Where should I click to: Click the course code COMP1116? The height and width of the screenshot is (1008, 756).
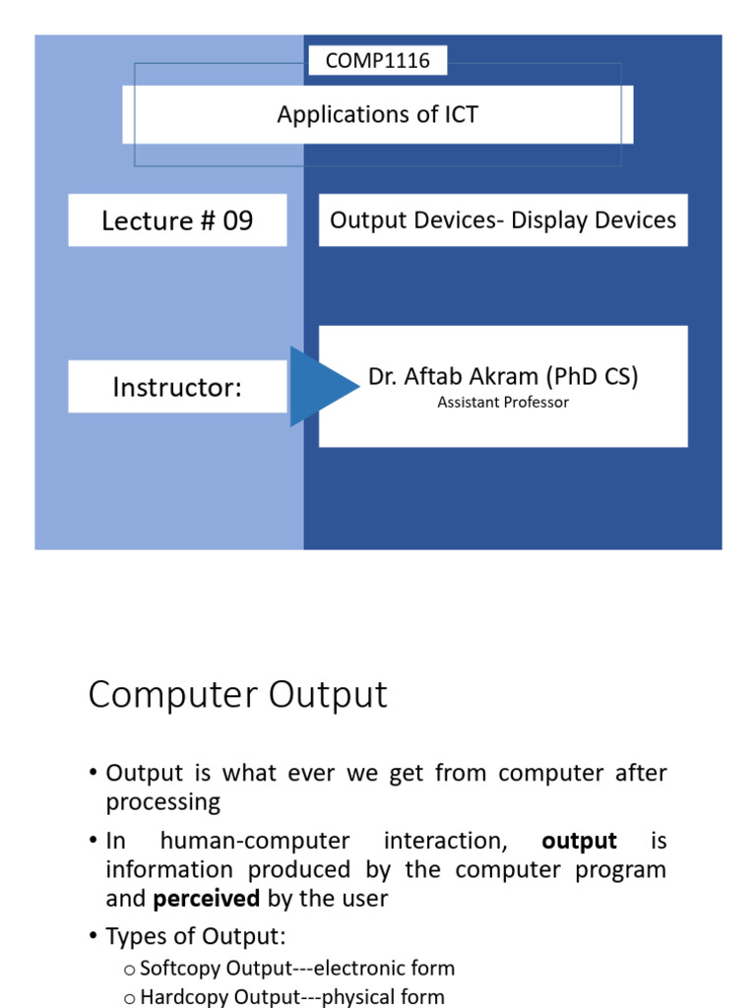click(x=377, y=61)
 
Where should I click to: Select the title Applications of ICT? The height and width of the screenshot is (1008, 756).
click(x=377, y=114)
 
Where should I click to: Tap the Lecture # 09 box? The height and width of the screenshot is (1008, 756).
click(x=177, y=220)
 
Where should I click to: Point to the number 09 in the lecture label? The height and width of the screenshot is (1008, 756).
click(x=237, y=220)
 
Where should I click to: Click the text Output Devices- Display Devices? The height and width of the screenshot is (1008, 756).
click(x=503, y=220)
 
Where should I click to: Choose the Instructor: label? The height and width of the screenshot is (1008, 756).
click(x=177, y=387)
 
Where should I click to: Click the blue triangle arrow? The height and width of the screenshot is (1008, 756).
click(x=321, y=387)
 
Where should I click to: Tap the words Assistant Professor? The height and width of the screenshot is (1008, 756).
click(x=503, y=403)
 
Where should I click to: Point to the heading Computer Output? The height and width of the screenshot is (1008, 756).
click(x=238, y=695)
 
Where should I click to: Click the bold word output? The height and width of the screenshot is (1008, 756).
click(x=580, y=842)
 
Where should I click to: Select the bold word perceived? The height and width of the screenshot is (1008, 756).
click(x=207, y=899)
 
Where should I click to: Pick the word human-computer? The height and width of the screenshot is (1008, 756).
click(x=254, y=842)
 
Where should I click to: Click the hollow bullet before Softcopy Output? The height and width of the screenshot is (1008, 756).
click(x=129, y=970)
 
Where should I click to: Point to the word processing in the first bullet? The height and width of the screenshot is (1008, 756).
click(x=163, y=802)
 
